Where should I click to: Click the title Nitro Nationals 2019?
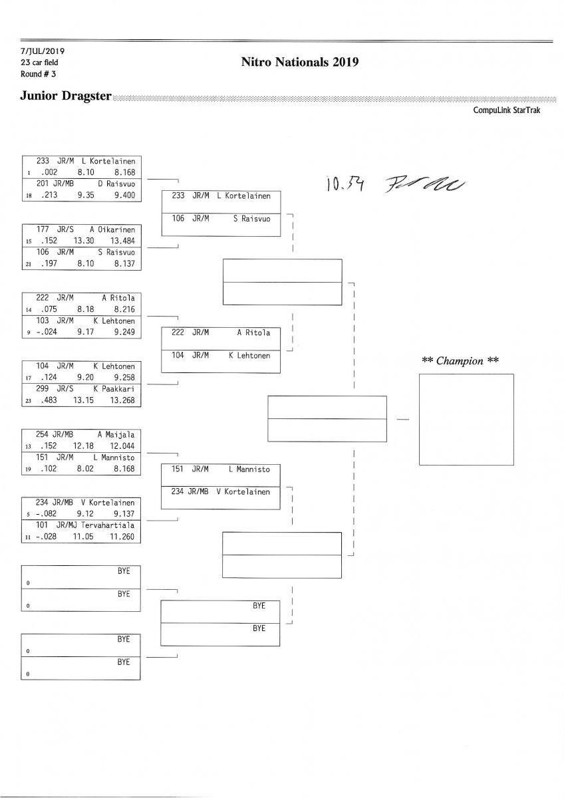300,63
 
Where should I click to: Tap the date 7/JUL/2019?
42,51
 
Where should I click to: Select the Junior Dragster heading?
65,96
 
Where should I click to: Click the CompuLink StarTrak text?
506,110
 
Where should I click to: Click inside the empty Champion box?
466,419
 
